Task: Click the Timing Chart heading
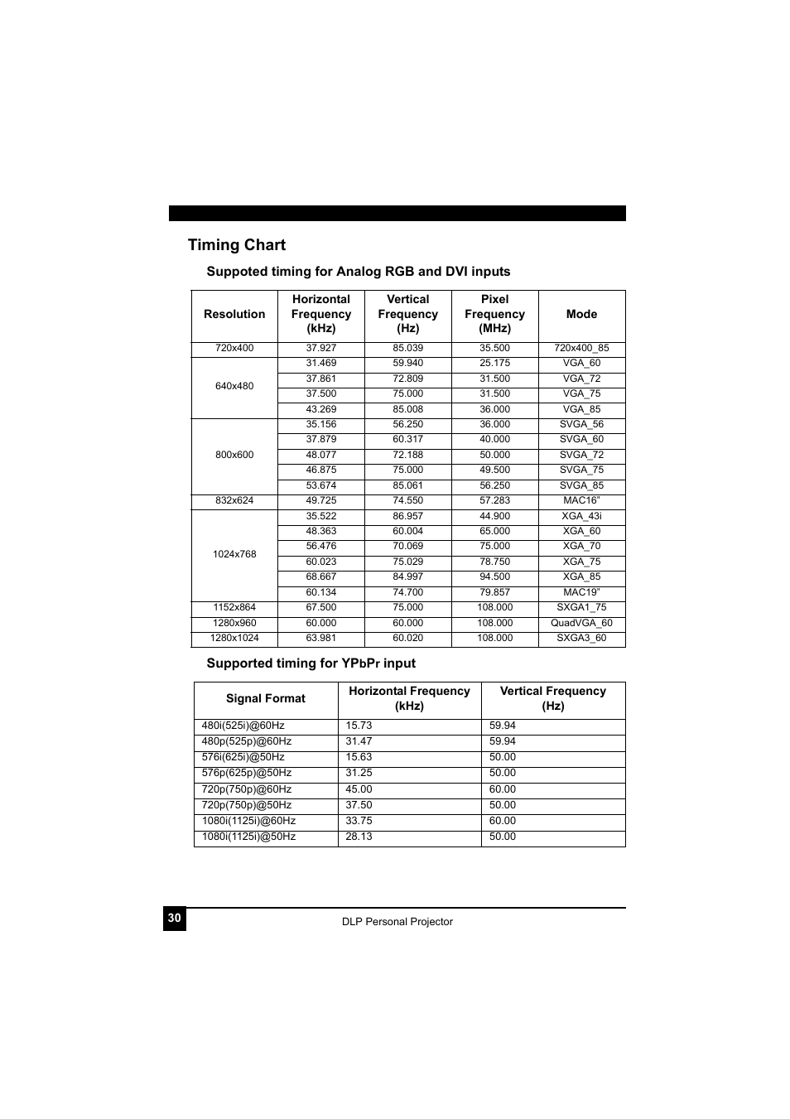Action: (237, 244)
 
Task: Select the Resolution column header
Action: (234, 314)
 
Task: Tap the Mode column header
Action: (581, 314)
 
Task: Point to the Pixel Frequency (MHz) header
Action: (494, 314)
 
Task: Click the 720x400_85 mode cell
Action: (581, 348)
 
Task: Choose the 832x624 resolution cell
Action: (234, 500)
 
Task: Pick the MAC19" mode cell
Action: (581, 592)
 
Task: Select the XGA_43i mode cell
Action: (581, 516)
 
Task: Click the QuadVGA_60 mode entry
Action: (581, 623)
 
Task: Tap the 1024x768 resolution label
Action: (234, 554)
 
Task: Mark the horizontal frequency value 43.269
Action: (321, 409)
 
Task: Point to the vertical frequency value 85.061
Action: (407, 485)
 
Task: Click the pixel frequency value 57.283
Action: (494, 500)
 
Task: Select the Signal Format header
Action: (266, 698)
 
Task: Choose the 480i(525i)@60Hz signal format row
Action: (243, 726)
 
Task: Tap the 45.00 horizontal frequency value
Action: (359, 789)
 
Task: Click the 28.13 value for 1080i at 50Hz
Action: (359, 837)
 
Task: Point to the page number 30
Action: (174, 918)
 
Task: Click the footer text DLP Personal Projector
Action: (397, 922)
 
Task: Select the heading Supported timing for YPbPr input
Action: (311, 663)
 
